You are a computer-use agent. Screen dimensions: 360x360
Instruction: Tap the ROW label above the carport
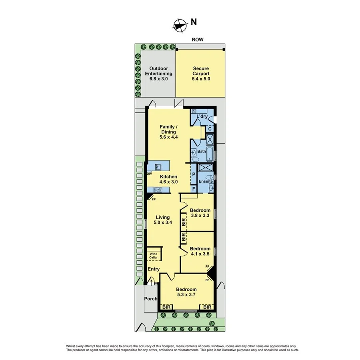pos(197,39)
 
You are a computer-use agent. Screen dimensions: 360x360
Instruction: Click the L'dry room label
pos(202,117)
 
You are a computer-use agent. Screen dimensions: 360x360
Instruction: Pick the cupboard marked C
pos(210,129)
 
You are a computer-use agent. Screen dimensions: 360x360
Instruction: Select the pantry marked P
pos(194,174)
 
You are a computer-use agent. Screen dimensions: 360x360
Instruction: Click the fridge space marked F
pos(194,188)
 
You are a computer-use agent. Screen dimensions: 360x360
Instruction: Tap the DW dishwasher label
pos(149,174)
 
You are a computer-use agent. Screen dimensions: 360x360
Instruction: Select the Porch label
pos(150,298)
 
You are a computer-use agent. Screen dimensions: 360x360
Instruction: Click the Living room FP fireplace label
pos(154,199)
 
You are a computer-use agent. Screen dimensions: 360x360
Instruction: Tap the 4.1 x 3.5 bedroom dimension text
pos(200,254)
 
